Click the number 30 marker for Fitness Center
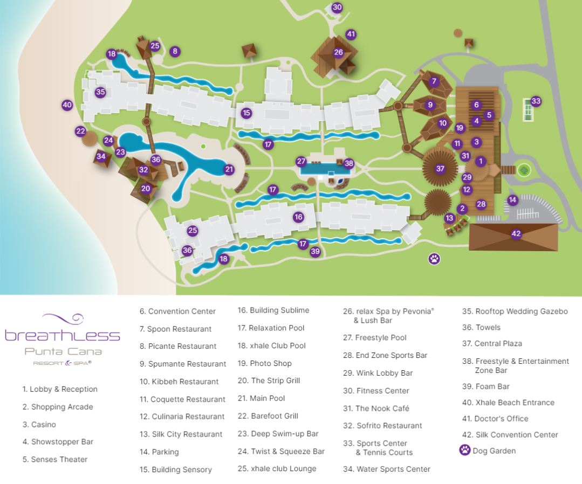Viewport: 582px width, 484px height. [x=337, y=7]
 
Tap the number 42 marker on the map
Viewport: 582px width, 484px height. [x=516, y=234]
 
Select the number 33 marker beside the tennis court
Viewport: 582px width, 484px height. [x=536, y=101]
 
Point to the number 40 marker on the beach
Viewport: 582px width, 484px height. [x=67, y=105]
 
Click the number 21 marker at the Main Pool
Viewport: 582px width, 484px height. [x=229, y=170]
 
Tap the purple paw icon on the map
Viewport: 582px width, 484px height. [x=434, y=259]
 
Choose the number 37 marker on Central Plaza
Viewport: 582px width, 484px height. [x=441, y=169]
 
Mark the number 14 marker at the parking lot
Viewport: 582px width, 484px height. [x=512, y=200]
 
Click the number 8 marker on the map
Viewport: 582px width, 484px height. [x=174, y=52]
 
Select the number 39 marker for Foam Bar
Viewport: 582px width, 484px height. [x=316, y=251]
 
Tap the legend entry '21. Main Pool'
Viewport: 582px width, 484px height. [x=261, y=398]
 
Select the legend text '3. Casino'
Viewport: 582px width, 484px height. [x=39, y=425]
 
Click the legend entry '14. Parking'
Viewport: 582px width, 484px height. [x=159, y=452]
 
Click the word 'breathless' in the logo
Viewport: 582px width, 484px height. [x=63, y=336]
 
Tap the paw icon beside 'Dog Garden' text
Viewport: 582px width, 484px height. [x=464, y=450]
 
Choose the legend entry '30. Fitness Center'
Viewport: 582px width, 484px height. [x=376, y=391]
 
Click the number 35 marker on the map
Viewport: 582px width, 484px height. [x=100, y=92]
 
